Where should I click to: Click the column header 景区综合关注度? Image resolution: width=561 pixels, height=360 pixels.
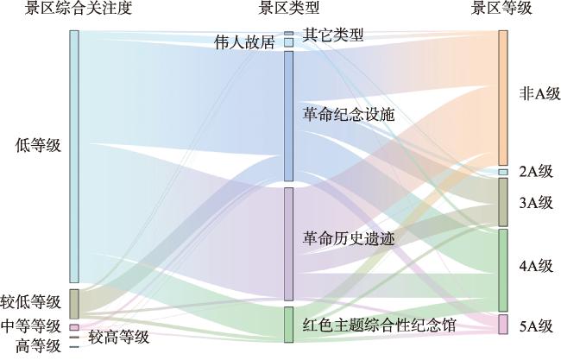[78, 8]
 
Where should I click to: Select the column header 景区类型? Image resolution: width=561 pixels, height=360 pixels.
[288, 8]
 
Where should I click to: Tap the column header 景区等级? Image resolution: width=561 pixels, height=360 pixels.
[501, 8]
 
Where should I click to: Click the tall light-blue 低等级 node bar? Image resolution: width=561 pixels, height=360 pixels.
[74, 156]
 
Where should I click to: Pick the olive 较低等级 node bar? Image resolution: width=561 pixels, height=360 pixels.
[74, 304]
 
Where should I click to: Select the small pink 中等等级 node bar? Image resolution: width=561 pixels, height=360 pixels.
[74, 327]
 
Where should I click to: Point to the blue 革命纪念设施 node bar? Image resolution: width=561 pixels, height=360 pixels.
[289, 117]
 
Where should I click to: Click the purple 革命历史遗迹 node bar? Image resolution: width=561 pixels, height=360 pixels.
[289, 244]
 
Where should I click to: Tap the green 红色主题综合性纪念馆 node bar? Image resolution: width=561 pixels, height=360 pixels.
[289, 325]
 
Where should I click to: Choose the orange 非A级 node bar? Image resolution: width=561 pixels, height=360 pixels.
[503, 98]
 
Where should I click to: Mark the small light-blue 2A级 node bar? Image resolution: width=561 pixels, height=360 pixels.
[503, 172]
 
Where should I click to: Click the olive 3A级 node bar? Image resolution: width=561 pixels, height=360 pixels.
[503, 202]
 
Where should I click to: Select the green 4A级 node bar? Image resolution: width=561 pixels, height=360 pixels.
[503, 270]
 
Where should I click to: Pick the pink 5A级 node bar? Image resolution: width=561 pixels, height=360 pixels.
[503, 325]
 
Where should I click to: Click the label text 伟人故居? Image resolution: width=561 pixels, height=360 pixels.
[245, 42]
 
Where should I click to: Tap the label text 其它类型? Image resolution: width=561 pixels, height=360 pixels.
[333, 35]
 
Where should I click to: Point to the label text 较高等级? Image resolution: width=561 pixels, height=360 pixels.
[118, 338]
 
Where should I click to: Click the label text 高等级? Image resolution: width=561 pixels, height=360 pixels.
[38, 346]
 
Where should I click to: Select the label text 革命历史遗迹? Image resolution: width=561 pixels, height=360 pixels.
[349, 238]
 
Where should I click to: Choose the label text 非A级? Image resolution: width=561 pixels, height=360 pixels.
[539, 94]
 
